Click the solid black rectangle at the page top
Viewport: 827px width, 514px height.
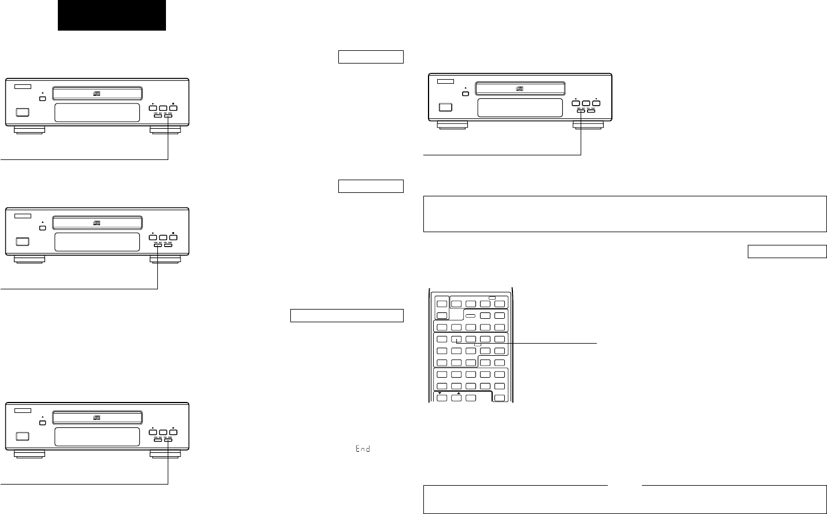(112, 15)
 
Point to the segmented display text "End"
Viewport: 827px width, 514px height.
(363, 449)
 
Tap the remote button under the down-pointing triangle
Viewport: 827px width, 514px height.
(442, 398)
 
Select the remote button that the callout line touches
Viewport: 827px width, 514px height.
(456, 340)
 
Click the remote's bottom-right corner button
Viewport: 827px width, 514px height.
(499, 398)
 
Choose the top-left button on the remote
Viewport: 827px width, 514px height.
(442, 304)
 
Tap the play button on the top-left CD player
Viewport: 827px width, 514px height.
(153, 108)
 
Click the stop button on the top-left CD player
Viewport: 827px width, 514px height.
(173, 108)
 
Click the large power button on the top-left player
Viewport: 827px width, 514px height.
(22, 113)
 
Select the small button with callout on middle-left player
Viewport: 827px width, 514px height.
(158, 245)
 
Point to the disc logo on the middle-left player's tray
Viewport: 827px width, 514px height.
(97, 222)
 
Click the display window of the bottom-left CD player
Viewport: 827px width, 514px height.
(97, 437)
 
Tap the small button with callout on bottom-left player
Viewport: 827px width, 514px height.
(168, 440)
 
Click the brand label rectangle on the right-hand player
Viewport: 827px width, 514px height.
(446, 81)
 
